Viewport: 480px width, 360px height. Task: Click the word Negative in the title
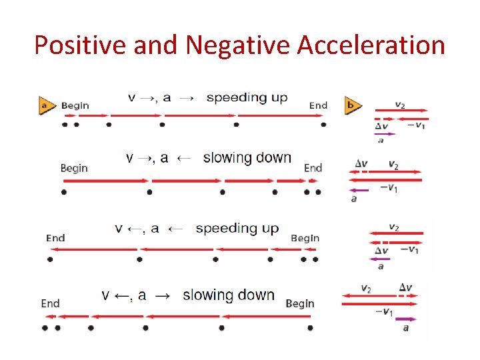tap(238, 45)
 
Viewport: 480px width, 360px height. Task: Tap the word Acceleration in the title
tap(371, 45)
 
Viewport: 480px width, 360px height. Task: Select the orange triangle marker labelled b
tap(353, 105)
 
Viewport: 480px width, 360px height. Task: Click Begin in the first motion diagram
tap(75, 105)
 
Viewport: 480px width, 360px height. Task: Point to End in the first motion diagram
tap(318, 105)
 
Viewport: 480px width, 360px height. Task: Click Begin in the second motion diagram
tap(74, 168)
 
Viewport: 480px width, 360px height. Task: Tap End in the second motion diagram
tap(313, 168)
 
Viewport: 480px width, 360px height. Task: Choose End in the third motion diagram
tap(55, 237)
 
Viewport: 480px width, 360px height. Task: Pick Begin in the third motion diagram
tap(305, 237)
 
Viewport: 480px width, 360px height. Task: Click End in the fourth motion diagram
tap(50, 303)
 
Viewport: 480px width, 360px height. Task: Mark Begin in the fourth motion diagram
tap(299, 303)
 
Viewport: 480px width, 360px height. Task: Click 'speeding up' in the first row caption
tap(247, 97)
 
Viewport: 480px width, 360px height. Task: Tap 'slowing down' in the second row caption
tap(247, 158)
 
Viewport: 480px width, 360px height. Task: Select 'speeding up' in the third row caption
tap(237, 228)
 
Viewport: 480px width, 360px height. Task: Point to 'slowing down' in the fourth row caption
tap(228, 295)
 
